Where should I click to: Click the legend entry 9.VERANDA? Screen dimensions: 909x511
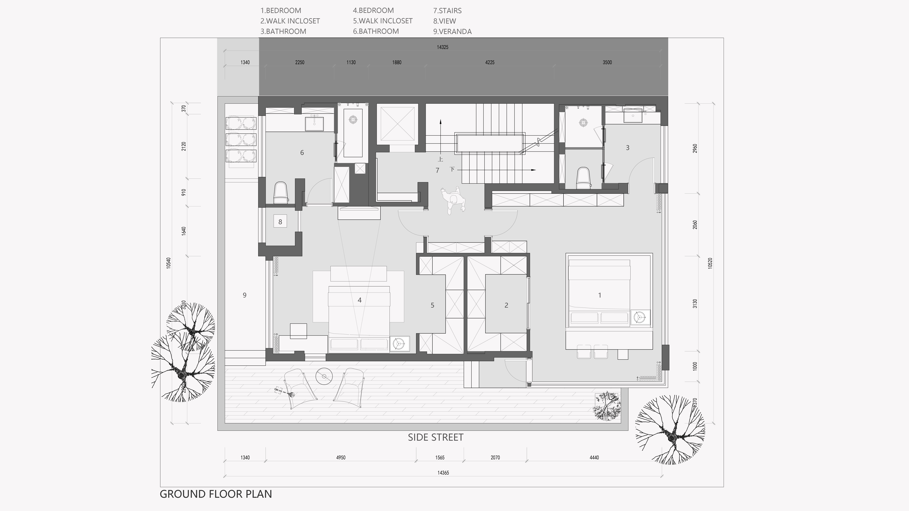point(452,31)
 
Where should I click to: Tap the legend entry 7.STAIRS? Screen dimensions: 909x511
point(447,11)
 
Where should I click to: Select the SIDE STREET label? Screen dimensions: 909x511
point(435,437)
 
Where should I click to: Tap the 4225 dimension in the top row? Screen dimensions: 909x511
point(490,62)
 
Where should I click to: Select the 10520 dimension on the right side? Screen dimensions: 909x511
point(710,263)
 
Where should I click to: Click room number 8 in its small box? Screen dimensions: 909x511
point(280,222)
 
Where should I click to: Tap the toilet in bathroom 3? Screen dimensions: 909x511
point(584,178)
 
